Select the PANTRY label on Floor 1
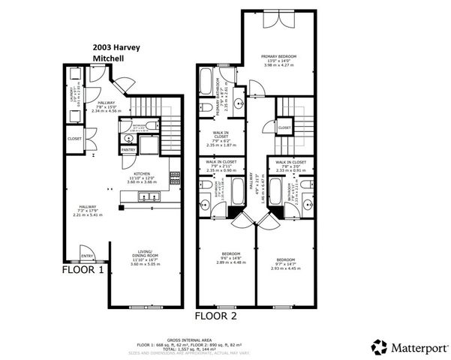[128, 149]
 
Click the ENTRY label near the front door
[87, 255]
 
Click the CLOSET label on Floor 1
[74, 138]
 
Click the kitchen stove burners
[175, 178]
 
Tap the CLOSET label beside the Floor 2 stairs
[284, 127]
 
